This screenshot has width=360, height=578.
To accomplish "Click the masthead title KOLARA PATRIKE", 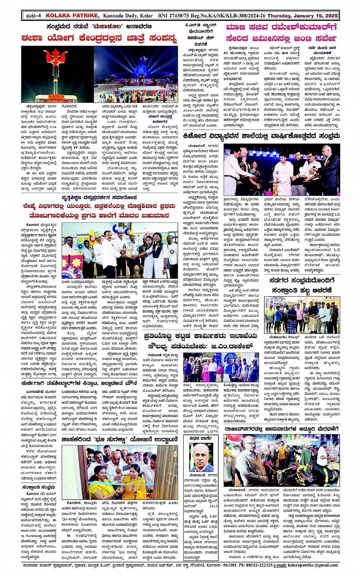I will tap(72, 16).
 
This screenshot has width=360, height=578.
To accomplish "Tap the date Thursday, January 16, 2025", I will tap(302, 16).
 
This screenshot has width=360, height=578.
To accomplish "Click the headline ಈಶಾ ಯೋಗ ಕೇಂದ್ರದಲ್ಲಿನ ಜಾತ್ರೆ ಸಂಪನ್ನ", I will tap(99, 38).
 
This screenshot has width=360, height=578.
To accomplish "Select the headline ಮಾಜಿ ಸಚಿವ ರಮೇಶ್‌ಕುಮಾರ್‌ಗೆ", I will tap(282, 27).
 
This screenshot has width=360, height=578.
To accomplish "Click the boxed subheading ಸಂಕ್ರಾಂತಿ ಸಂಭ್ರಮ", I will tap(38, 487).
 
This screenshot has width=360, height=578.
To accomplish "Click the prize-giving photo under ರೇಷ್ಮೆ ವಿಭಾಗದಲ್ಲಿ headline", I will tap(120, 250).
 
